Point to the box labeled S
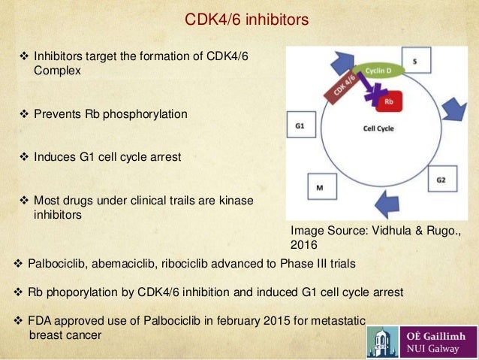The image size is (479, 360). point(417,59)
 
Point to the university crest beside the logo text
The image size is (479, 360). point(384,338)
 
